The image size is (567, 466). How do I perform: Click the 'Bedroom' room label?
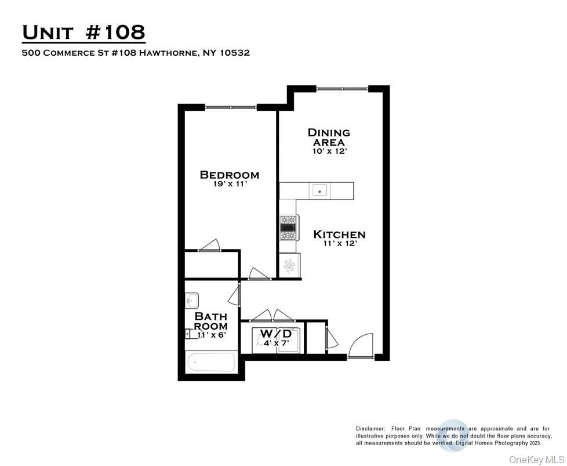tap(230, 175)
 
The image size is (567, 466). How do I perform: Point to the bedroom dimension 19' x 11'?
tap(230, 185)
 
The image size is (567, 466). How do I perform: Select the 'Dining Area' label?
tap(329, 137)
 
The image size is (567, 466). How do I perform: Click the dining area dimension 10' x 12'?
tap(329, 151)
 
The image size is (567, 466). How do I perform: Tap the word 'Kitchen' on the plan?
tap(339, 234)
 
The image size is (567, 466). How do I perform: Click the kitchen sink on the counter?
tap(319, 190)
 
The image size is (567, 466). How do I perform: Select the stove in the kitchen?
tap(289, 227)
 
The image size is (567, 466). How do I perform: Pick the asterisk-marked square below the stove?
tap(289, 266)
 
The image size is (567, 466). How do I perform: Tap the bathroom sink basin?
tap(192, 301)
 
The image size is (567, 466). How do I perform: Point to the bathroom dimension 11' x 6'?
tap(210, 335)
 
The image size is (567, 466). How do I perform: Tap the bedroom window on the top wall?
tap(231, 107)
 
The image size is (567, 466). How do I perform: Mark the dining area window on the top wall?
tap(342, 88)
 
